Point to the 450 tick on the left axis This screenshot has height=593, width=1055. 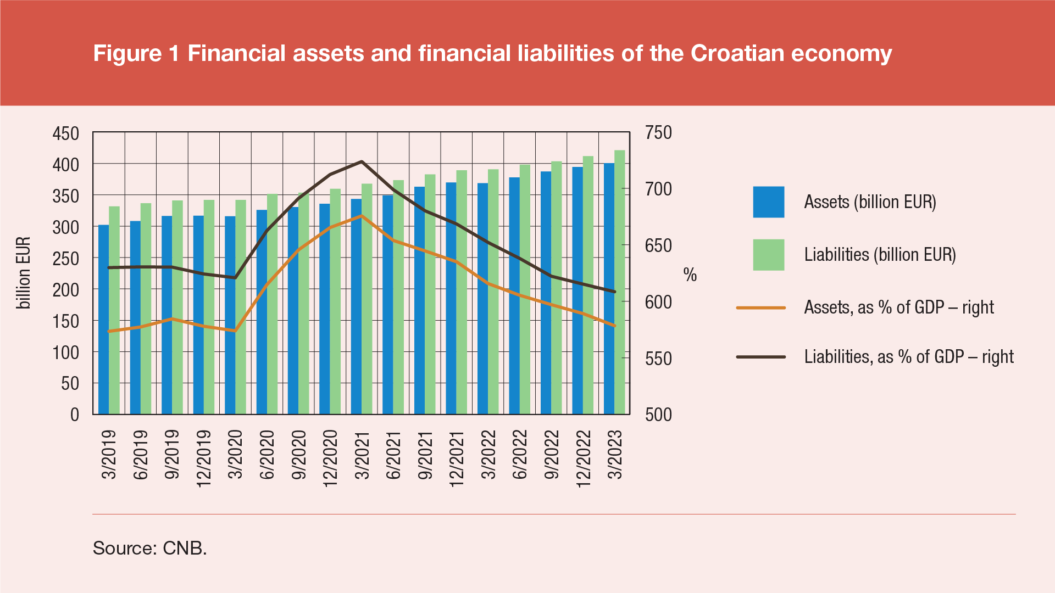pos(65,133)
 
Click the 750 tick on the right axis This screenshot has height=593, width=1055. pos(658,133)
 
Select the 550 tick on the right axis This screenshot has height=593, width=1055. pos(658,359)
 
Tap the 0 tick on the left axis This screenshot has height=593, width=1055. pos(75,415)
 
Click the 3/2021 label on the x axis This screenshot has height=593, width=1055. pos(362,455)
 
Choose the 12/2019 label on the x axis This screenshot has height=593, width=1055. pos(204,458)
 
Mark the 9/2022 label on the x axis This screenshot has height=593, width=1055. pos(552,455)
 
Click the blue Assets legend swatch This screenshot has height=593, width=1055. pos(768,202)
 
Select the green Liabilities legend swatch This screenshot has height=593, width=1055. pos(768,255)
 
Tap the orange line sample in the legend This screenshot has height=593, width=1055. pos(761,307)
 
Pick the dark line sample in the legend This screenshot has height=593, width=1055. pos(761,357)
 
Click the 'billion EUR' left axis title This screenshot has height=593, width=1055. pos(23,273)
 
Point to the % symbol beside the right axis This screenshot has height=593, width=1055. pos(690,275)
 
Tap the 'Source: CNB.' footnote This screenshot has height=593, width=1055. pos(149,548)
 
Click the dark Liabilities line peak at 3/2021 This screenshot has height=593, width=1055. pos(362,161)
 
